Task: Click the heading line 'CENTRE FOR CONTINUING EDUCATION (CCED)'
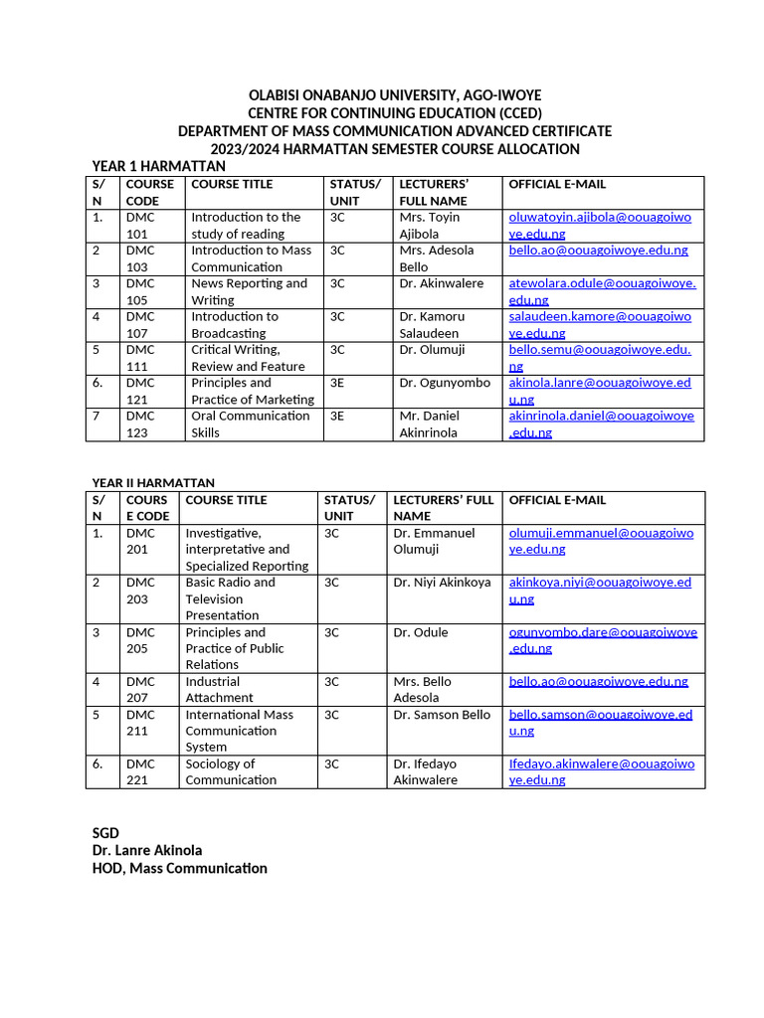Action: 394,113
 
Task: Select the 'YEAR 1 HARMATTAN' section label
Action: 159,166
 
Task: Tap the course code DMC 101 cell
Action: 140,225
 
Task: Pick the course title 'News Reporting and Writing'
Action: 250,291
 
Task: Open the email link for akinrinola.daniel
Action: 601,424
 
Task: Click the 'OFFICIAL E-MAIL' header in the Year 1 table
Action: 557,184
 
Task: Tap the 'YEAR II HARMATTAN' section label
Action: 153,482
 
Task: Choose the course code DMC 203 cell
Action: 140,591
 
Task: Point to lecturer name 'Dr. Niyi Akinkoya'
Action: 442,583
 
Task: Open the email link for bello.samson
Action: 600,723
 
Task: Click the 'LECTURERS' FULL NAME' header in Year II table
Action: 443,508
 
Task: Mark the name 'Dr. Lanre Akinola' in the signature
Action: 147,850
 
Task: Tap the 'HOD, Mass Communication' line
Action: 179,868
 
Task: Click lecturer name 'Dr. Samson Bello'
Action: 442,715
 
